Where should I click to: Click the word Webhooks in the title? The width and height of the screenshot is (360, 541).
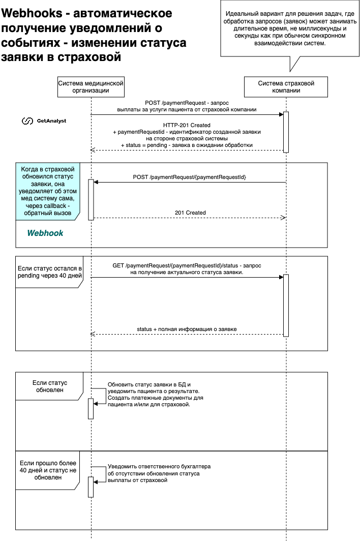[x=32, y=13]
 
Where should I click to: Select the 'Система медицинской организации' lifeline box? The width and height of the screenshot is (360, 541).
[x=91, y=87]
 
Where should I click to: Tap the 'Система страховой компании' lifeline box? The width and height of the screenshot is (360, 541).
[x=286, y=87]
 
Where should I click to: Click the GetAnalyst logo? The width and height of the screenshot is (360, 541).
[x=44, y=121]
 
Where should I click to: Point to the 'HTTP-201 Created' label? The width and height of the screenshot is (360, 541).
[x=187, y=125]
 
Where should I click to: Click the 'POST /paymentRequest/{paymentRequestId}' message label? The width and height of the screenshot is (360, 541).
[x=190, y=177]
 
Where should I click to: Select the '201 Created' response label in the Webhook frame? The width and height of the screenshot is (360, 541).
[x=190, y=213]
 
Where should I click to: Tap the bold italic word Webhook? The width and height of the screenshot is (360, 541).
[x=45, y=233]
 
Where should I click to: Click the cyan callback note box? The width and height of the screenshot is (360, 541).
[x=48, y=191]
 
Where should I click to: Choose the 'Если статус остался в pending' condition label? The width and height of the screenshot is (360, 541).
[x=50, y=272]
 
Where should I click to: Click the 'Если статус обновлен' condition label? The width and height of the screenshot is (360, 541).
[x=50, y=386]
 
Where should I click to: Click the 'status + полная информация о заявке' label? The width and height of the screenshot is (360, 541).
[x=187, y=329]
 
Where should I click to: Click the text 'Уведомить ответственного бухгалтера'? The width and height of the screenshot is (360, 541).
[x=159, y=466]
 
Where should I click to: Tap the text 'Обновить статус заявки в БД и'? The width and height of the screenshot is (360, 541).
[x=149, y=385]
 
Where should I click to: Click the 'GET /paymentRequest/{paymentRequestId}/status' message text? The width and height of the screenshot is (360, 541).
[x=175, y=265]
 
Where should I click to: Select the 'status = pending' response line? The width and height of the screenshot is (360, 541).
[x=187, y=145]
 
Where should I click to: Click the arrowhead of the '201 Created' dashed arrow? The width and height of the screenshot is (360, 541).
[x=284, y=218]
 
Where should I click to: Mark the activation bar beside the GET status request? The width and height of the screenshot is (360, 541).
[x=286, y=306]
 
